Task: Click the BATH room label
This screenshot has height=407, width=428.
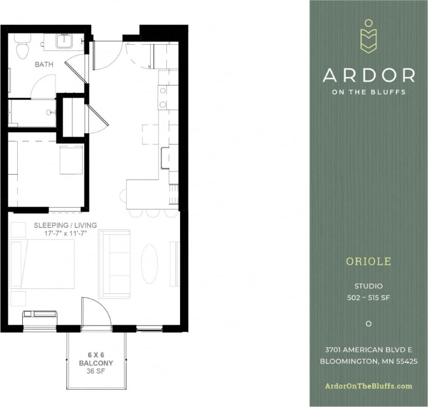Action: (44, 64)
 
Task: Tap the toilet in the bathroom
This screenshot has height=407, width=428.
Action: (22, 49)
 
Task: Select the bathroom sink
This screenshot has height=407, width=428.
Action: (64, 42)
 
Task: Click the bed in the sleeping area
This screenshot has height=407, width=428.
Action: (43, 264)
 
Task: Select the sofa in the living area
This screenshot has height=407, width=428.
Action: (114, 264)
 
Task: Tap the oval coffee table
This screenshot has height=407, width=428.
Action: (149, 264)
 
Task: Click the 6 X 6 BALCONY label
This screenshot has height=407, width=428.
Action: (96, 359)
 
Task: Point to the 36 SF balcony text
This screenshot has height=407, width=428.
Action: (96, 371)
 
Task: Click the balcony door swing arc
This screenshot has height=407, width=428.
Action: (96, 311)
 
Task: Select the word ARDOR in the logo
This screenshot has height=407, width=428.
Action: (368, 75)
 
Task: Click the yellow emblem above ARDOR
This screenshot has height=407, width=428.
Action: (368, 37)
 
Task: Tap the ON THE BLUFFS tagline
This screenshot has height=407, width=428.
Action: (368, 92)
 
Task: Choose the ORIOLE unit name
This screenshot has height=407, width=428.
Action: (368, 261)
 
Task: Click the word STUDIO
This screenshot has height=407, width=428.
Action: (368, 286)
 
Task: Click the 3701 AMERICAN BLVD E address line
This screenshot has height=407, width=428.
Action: (368, 350)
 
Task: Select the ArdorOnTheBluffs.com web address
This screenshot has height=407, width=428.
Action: (368, 386)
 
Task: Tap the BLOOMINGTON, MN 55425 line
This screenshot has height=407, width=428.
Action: (368, 361)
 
